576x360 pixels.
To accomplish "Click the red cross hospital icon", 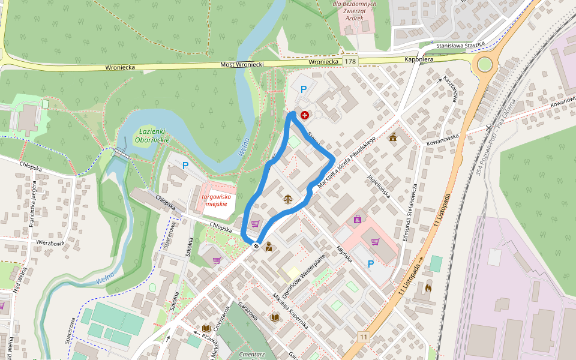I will click(x=305, y=115).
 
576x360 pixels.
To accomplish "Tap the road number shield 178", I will click(x=350, y=62).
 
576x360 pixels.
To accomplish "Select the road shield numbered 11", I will click(x=364, y=338).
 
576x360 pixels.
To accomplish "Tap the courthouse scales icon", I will click(x=288, y=197).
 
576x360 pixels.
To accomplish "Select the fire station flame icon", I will click(x=427, y=289).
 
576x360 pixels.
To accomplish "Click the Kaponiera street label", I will click(x=419, y=60).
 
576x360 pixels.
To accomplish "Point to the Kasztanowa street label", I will click(x=450, y=89).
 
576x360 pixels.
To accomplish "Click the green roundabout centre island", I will click(x=484, y=64).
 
